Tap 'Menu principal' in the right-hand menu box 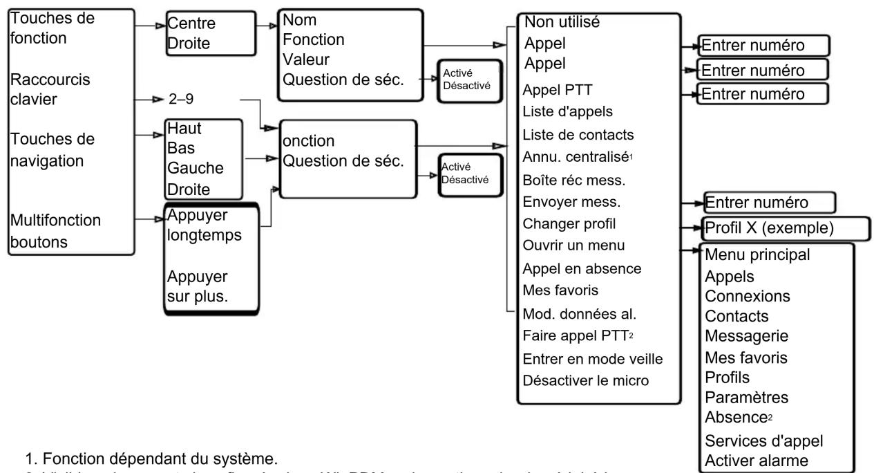[x=757, y=255]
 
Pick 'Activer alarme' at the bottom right [x=747, y=459]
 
